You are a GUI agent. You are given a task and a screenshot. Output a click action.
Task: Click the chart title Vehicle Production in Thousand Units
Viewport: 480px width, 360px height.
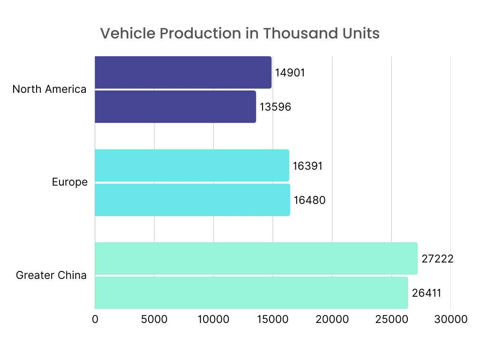point(240,34)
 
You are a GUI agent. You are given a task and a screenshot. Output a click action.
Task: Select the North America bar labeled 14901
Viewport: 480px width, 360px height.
point(183,72)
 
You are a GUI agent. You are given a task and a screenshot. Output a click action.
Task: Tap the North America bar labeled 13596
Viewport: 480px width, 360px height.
point(175,107)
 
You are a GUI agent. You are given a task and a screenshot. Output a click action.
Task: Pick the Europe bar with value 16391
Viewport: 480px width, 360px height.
point(192,165)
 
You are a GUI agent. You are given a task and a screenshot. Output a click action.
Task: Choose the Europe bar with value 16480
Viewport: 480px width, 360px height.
point(192,200)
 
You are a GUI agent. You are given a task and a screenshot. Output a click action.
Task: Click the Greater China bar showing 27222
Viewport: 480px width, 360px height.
point(256,258)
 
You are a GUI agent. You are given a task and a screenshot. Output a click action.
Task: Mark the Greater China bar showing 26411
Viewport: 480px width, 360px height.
point(251,293)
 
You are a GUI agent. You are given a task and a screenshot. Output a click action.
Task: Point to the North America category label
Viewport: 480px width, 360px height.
point(49,89)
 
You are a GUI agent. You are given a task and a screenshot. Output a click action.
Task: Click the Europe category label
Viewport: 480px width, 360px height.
point(70,182)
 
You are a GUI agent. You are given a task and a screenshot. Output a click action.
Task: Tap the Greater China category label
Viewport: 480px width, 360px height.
point(51,275)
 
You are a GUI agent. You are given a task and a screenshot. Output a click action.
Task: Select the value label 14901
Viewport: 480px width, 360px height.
point(290,73)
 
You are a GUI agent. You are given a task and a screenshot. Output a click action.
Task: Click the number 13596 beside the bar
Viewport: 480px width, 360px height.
point(276,107)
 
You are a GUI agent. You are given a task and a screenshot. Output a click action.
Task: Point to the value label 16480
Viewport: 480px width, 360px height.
point(309,200)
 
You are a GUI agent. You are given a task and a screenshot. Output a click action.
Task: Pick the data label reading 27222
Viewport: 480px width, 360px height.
point(437,259)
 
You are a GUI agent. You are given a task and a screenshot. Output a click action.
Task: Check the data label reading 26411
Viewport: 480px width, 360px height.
point(427,293)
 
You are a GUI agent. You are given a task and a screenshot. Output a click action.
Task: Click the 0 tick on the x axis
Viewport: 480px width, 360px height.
point(95,320)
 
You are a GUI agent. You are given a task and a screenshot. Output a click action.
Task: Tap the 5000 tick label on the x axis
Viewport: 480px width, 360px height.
point(154,320)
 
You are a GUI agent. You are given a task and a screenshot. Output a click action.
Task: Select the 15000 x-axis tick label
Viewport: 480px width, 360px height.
point(272,320)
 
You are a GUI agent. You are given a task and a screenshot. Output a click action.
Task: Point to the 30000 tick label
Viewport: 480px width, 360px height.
point(450,320)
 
